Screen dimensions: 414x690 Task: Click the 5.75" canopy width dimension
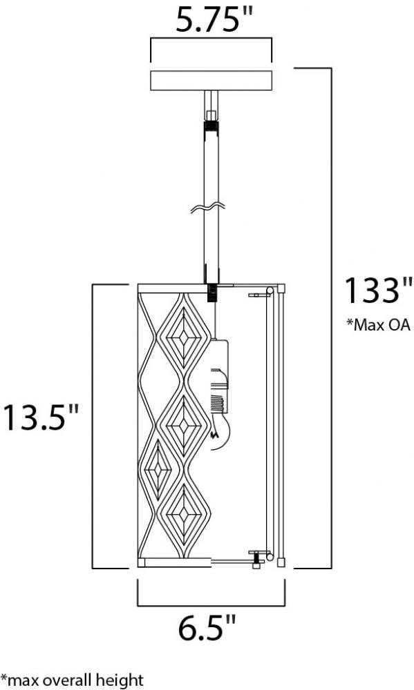(x=214, y=20)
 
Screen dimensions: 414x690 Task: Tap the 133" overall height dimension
(x=378, y=290)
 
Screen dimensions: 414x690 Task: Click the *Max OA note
(x=378, y=325)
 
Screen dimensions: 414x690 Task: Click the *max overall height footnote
(x=72, y=680)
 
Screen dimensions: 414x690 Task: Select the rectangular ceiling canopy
(x=211, y=80)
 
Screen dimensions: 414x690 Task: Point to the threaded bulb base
(x=220, y=403)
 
